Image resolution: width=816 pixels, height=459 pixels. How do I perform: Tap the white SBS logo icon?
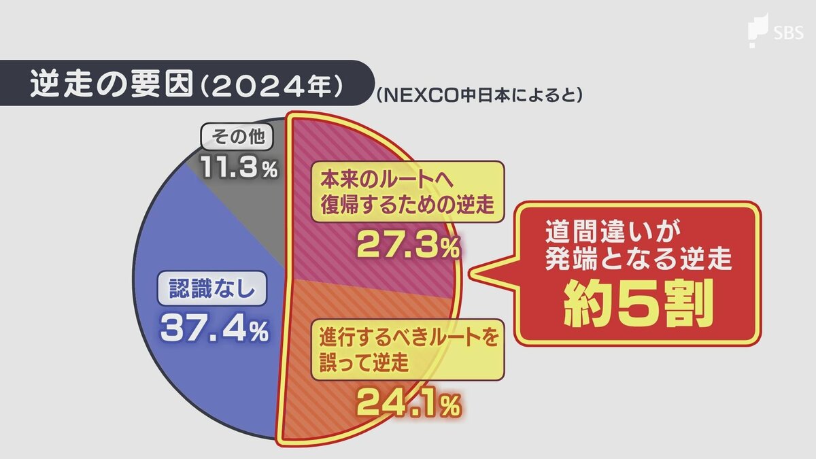(757, 31)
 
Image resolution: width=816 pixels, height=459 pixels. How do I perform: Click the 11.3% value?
(239, 168)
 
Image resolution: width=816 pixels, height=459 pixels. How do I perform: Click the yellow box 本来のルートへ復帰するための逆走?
(407, 191)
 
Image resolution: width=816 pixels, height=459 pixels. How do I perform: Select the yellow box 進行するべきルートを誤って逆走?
(407, 350)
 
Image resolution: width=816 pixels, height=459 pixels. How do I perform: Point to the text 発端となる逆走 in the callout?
(637, 261)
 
